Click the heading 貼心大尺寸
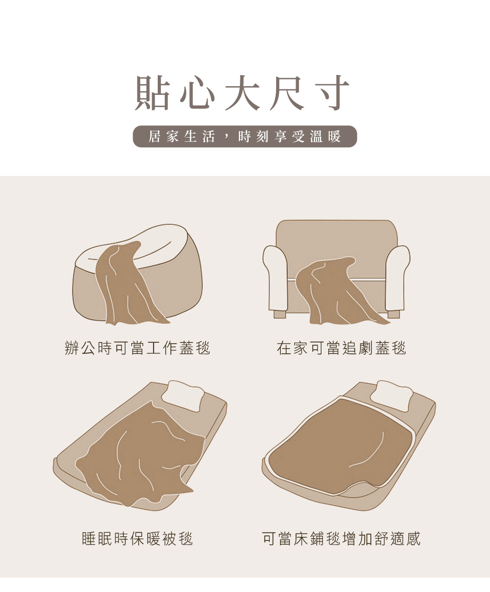(x=242, y=92)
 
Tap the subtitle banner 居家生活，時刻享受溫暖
(x=245, y=136)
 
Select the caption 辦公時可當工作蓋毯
(x=137, y=348)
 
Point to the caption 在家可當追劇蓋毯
(x=341, y=348)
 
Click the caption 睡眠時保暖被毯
(x=137, y=538)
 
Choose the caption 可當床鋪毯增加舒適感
(x=341, y=538)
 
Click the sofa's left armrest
(x=276, y=277)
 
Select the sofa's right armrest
(x=398, y=277)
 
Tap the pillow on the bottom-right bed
(x=392, y=395)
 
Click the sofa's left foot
(x=280, y=314)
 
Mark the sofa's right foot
(x=394, y=314)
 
